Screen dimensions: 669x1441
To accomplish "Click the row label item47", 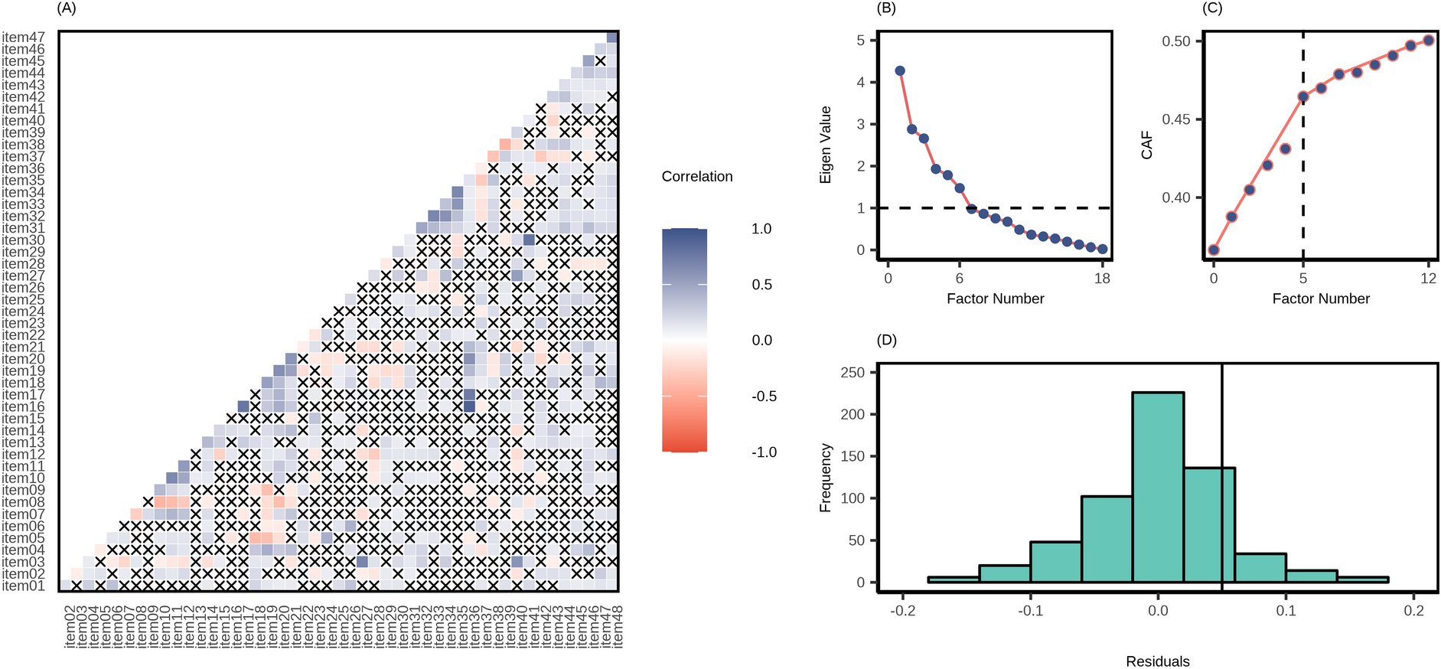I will click(x=23, y=37).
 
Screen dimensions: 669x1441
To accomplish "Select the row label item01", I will click(x=23, y=586).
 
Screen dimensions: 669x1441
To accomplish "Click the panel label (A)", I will click(x=67, y=8).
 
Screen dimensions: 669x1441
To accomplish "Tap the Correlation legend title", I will click(x=696, y=177).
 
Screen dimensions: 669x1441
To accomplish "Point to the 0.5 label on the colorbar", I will click(x=761, y=285).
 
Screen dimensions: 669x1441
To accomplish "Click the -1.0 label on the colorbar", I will click(x=763, y=452).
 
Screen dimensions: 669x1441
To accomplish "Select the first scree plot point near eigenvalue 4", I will click(x=900, y=70).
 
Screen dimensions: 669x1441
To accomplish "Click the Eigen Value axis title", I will click(x=825, y=145).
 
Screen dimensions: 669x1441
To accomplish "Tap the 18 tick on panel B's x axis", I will click(x=1102, y=279).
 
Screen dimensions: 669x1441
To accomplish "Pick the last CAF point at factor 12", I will click(x=1428, y=41).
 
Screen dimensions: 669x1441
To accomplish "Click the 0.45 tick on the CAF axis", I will click(x=1176, y=119).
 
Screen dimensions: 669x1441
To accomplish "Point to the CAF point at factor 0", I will click(x=1214, y=250).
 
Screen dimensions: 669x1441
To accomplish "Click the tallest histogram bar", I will click(x=1158, y=487).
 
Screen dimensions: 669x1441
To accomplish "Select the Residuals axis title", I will click(x=1158, y=661).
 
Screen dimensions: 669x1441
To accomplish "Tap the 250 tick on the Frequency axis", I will click(x=853, y=373).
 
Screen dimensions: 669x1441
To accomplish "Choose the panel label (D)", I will click(x=886, y=340).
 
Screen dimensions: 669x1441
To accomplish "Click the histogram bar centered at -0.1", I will click(x=1055, y=562).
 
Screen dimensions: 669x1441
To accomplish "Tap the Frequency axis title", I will click(x=825, y=478).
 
